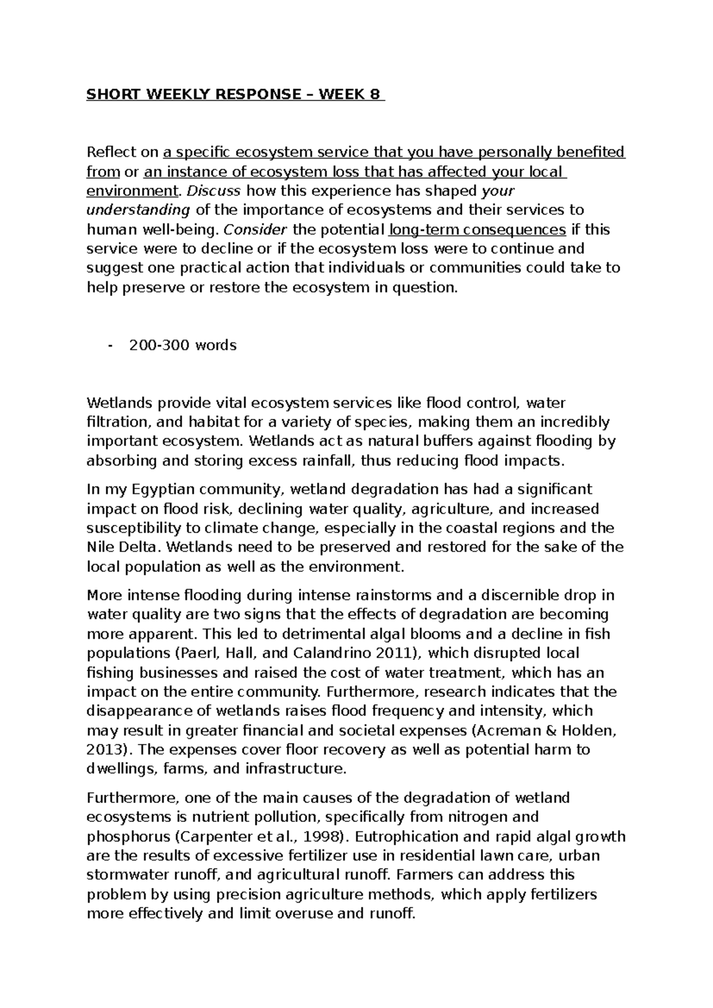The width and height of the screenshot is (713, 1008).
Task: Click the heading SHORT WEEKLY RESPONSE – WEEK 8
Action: click(235, 95)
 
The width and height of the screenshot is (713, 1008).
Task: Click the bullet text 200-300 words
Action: click(182, 345)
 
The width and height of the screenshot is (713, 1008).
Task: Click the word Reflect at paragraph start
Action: click(111, 153)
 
